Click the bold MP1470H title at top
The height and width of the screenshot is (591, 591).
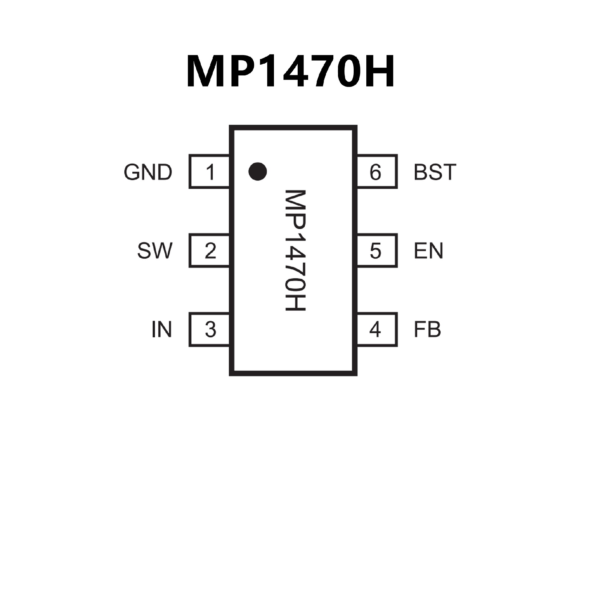(290, 71)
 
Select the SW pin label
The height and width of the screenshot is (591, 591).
(155, 251)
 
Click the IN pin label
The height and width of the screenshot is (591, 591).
(162, 330)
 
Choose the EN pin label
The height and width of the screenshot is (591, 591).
(428, 251)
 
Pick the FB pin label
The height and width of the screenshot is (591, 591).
(427, 330)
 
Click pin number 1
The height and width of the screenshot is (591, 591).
(210, 172)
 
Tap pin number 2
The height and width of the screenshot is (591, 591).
(210, 251)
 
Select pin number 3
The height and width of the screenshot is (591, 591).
(210, 330)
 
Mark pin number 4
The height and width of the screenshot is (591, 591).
(375, 330)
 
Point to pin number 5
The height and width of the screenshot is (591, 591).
(375, 251)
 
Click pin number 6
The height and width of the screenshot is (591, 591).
(375, 172)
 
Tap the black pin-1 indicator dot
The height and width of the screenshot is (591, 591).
(257, 171)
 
